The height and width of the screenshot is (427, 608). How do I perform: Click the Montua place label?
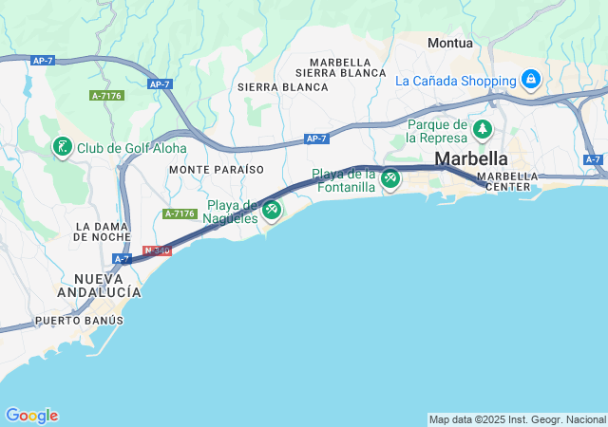450,43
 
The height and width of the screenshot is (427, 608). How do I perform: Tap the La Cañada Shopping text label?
456,80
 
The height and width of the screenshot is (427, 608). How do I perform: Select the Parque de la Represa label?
437,131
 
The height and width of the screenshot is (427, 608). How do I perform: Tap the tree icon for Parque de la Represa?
484,128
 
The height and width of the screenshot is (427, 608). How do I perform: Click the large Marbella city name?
471,158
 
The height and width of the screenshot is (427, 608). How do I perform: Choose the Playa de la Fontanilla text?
344,180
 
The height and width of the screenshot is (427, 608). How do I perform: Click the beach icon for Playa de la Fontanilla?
389,178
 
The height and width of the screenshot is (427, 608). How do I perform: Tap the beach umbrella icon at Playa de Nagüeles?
272,210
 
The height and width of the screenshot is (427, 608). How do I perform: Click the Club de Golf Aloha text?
132,148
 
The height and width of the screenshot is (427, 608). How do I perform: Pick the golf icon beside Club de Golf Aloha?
62,147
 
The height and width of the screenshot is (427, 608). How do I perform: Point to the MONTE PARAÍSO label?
216,169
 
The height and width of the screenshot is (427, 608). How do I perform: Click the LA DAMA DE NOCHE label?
108,231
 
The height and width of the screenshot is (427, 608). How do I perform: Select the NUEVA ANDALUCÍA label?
108,285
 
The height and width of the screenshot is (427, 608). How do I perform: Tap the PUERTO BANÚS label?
79,321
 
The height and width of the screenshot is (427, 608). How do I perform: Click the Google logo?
31,416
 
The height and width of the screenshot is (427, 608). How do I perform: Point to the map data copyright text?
517,419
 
